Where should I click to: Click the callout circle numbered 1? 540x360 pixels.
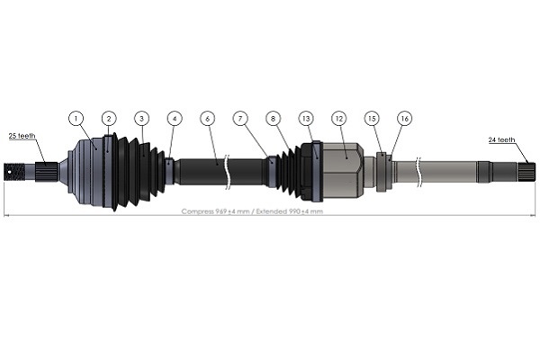77,118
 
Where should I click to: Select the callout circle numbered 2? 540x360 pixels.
108,118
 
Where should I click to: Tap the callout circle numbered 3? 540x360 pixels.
141,118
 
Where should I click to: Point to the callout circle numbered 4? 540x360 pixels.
175,118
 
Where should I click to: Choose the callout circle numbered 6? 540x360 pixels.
207,118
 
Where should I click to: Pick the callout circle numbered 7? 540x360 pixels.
240,118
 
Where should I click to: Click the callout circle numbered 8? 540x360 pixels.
274,118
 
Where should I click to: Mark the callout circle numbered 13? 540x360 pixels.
306,118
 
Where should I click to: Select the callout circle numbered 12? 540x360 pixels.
338,118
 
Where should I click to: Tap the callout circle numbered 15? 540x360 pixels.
372,118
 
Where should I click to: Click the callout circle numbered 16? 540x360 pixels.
404,118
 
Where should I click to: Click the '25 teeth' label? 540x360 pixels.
22,136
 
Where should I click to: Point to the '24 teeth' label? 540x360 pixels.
501,139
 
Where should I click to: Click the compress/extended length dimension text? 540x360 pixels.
252,211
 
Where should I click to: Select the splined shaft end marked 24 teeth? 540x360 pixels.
524,167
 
